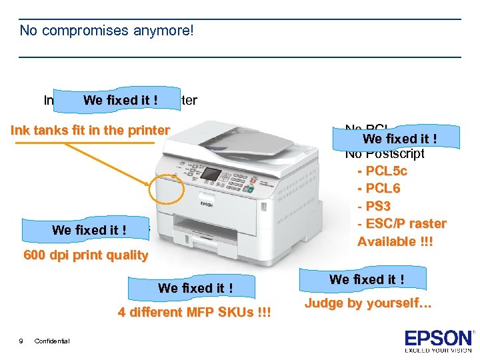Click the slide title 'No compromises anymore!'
[x=107, y=31]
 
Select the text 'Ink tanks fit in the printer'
[x=90, y=130]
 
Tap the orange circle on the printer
[x=167, y=190]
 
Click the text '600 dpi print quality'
[x=85, y=255]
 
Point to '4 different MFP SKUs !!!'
[x=195, y=312]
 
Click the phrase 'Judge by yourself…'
[x=368, y=303]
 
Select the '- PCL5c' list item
[x=382, y=171]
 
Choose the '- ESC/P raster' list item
[x=401, y=223]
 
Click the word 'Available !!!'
[x=395, y=241]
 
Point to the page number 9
[x=21, y=341]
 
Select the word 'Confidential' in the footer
[x=52, y=341]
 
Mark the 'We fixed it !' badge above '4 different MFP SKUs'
[x=195, y=288]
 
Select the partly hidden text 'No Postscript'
[x=385, y=154]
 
